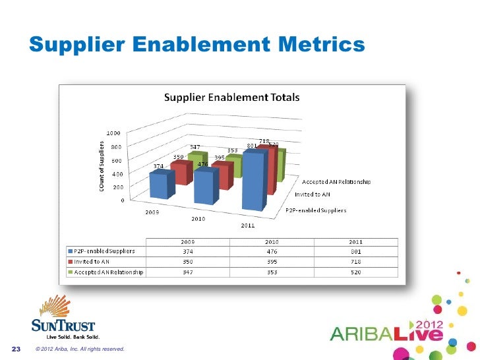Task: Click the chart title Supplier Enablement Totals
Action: pyautogui.click(x=231, y=98)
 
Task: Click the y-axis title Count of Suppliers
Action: pyautogui.click(x=102, y=167)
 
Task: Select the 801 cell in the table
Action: pyautogui.click(x=356, y=251)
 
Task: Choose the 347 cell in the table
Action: pyautogui.click(x=187, y=271)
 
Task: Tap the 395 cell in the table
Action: pyautogui.click(x=272, y=261)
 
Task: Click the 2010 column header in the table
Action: pyautogui.click(x=272, y=241)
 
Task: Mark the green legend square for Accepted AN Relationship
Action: pyautogui.click(x=70, y=271)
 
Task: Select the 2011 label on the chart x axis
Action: pyautogui.click(x=247, y=226)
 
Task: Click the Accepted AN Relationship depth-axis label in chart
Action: pyautogui.click(x=336, y=181)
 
